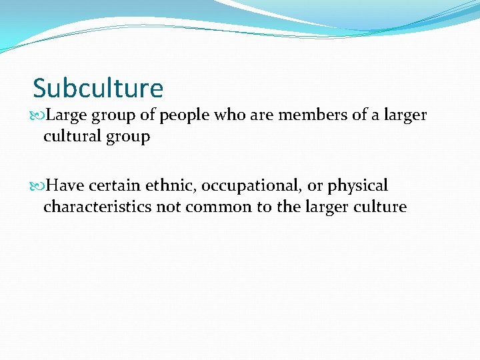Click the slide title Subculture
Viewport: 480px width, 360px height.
98,88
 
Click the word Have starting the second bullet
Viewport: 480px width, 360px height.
65,185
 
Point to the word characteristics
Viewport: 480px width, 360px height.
97,207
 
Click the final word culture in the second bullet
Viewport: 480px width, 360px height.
381,207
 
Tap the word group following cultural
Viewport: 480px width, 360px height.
128,137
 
